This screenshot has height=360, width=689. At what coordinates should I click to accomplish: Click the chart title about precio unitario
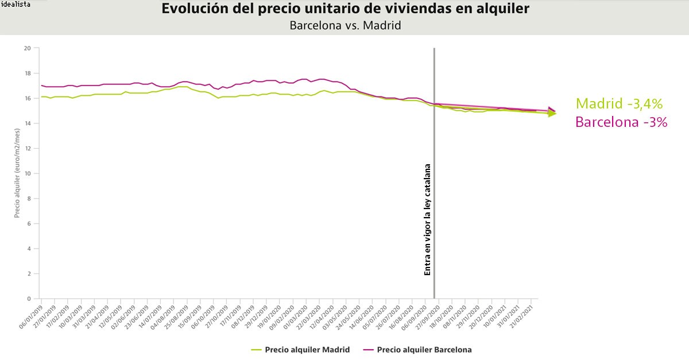[x=345, y=9]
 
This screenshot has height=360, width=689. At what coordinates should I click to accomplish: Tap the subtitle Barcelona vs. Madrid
[x=344, y=25]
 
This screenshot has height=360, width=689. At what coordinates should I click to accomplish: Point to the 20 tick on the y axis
[x=27, y=48]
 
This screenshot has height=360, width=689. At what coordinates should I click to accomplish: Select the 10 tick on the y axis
[x=27, y=173]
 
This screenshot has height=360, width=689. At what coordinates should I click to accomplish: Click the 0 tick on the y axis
[x=29, y=299]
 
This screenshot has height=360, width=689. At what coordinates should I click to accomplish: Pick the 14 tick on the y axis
[x=27, y=123]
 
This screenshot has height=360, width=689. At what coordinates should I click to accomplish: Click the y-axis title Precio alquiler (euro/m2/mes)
[x=18, y=172]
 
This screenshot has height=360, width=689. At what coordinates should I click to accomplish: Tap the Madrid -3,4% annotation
[x=619, y=104]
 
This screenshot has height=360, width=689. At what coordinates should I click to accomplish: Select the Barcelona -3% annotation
[x=621, y=122]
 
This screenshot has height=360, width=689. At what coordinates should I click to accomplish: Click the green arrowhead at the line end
[x=552, y=114]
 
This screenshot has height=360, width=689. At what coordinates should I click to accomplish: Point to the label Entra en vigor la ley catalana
[x=427, y=220]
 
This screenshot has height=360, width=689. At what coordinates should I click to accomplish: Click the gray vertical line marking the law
[x=434, y=172]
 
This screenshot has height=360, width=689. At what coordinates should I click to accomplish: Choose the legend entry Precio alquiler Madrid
[x=307, y=350]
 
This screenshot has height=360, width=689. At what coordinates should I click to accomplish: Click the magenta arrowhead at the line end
[x=552, y=110]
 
